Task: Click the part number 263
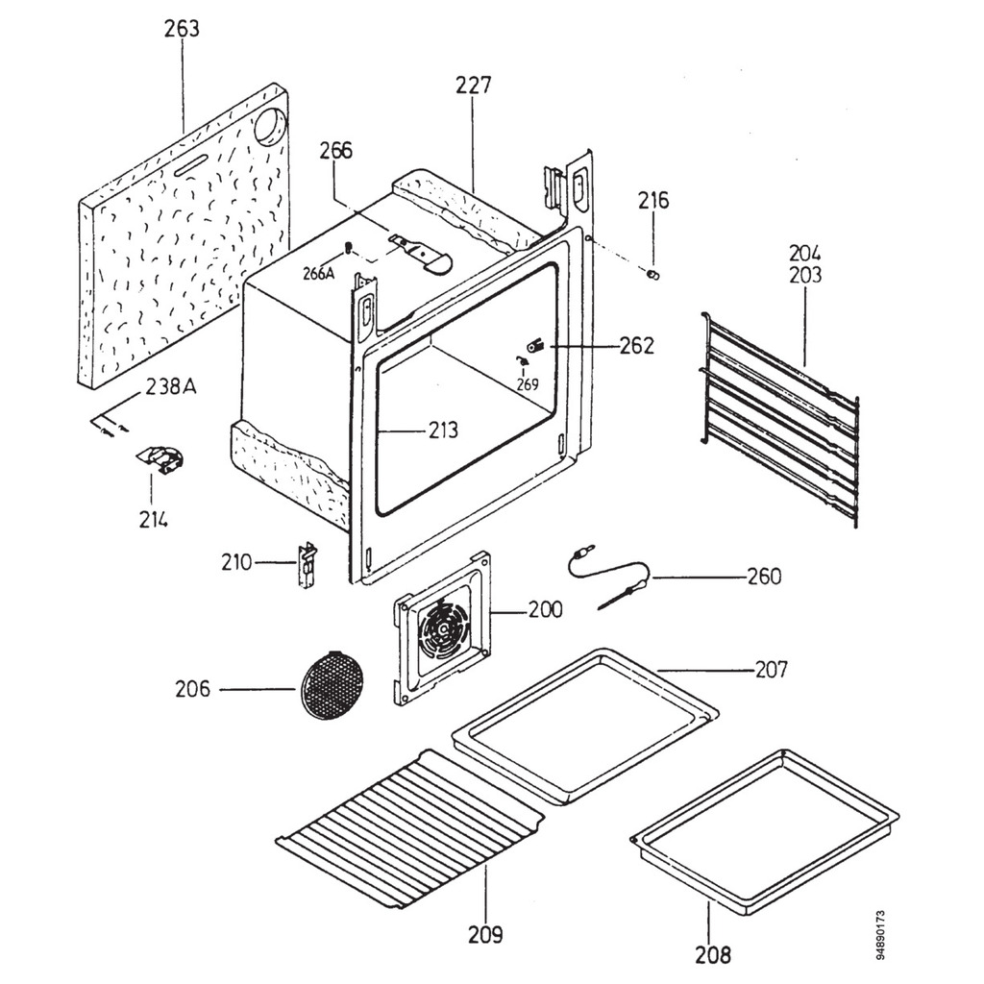(x=181, y=30)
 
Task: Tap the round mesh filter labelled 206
(x=332, y=684)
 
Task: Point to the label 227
(x=473, y=86)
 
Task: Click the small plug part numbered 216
(x=654, y=276)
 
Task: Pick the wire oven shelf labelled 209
(x=411, y=827)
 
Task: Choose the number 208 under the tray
(x=712, y=954)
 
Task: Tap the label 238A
(x=171, y=387)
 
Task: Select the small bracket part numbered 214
(x=160, y=459)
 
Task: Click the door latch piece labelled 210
(x=307, y=565)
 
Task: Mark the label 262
(x=636, y=346)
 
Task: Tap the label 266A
(x=318, y=273)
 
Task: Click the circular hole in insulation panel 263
(x=270, y=126)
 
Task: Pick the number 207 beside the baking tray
(x=771, y=669)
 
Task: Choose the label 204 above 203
(x=805, y=254)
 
